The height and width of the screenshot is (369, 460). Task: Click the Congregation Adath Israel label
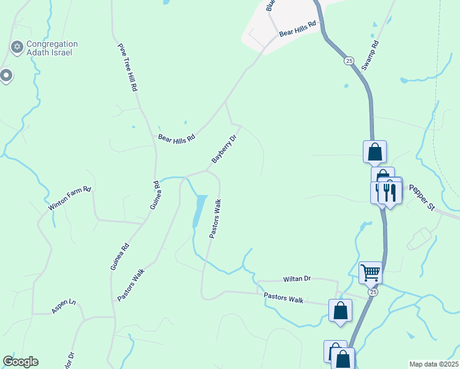click(x=52, y=48)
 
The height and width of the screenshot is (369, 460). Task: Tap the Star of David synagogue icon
click(x=17, y=47)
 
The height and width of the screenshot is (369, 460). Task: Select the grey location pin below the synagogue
click(x=6, y=76)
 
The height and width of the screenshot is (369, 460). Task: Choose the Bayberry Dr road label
click(x=224, y=149)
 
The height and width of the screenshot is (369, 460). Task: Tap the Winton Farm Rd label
click(x=70, y=199)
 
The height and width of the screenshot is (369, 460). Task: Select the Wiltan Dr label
click(x=297, y=279)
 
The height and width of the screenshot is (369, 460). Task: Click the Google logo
click(x=20, y=362)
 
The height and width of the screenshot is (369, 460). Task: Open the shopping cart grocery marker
click(x=370, y=271)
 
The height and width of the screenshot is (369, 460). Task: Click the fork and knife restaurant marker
click(x=390, y=192)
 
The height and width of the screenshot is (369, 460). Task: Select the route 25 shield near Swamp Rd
click(x=349, y=61)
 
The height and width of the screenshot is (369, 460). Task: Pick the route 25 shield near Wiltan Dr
click(x=373, y=293)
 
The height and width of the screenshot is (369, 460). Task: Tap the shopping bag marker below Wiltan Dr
click(x=340, y=311)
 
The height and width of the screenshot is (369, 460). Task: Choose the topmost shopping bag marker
click(x=375, y=151)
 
